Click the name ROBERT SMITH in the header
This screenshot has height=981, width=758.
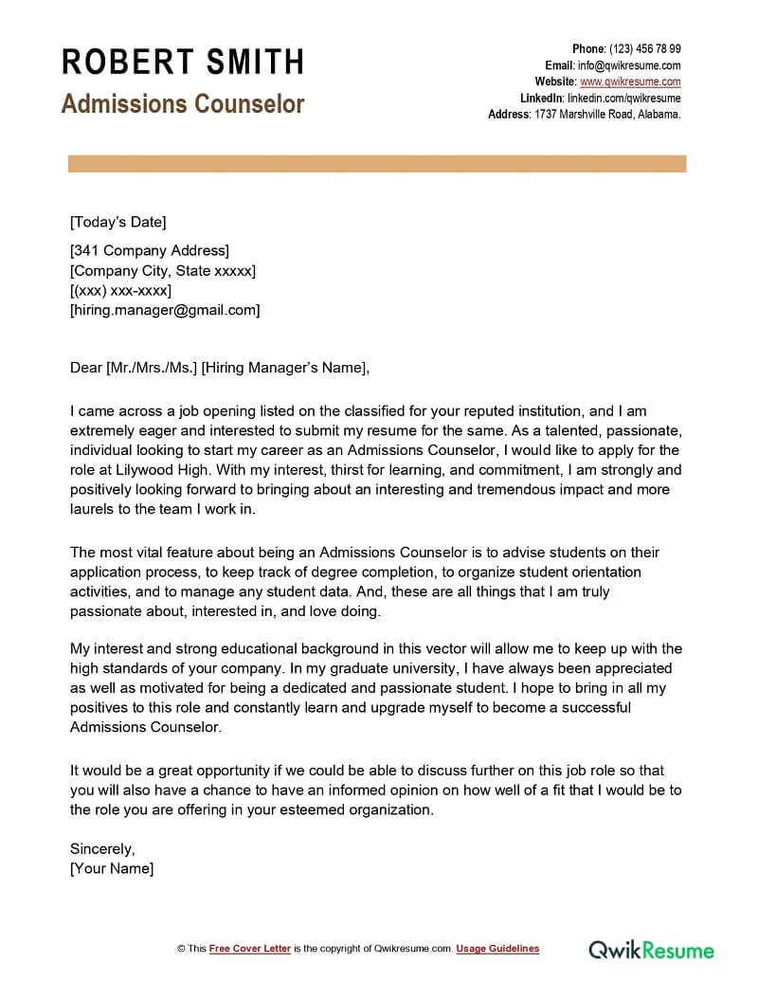click(183, 63)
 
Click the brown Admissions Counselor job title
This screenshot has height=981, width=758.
click(183, 103)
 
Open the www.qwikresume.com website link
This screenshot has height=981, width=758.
click(630, 82)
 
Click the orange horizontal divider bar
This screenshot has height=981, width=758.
click(377, 164)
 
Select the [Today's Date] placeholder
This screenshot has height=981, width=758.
click(117, 223)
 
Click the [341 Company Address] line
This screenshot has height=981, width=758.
click(149, 251)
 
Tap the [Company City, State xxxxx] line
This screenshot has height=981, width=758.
click(162, 271)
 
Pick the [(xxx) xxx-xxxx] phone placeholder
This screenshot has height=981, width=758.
click(120, 291)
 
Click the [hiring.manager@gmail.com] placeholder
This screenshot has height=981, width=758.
click(164, 310)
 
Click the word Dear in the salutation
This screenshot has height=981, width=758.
click(85, 369)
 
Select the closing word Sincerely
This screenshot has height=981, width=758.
click(102, 848)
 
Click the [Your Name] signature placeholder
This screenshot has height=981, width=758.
click(111, 868)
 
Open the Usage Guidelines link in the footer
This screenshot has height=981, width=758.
click(497, 949)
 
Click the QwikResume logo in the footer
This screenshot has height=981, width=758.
click(651, 949)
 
